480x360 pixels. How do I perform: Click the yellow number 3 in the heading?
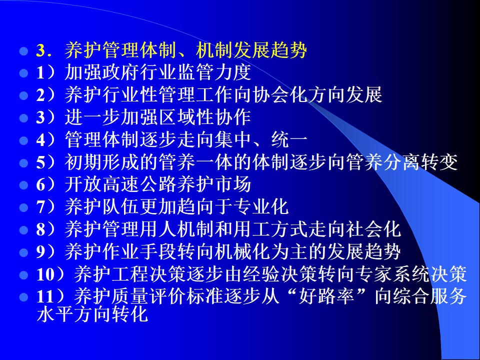(40, 50)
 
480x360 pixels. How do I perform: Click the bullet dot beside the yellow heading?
(23, 51)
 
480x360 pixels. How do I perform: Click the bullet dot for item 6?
(23, 185)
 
